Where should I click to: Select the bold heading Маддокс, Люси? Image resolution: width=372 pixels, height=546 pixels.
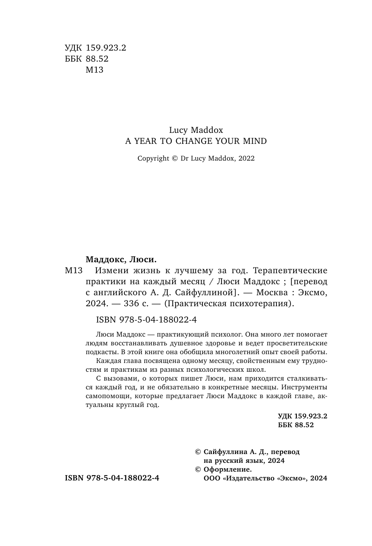point(120,259)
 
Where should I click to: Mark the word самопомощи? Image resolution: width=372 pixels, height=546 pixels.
point(104,396)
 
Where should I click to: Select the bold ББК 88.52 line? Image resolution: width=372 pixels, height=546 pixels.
point(296,425)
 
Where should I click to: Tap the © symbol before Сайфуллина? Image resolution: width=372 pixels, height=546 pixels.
point(197,452)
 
